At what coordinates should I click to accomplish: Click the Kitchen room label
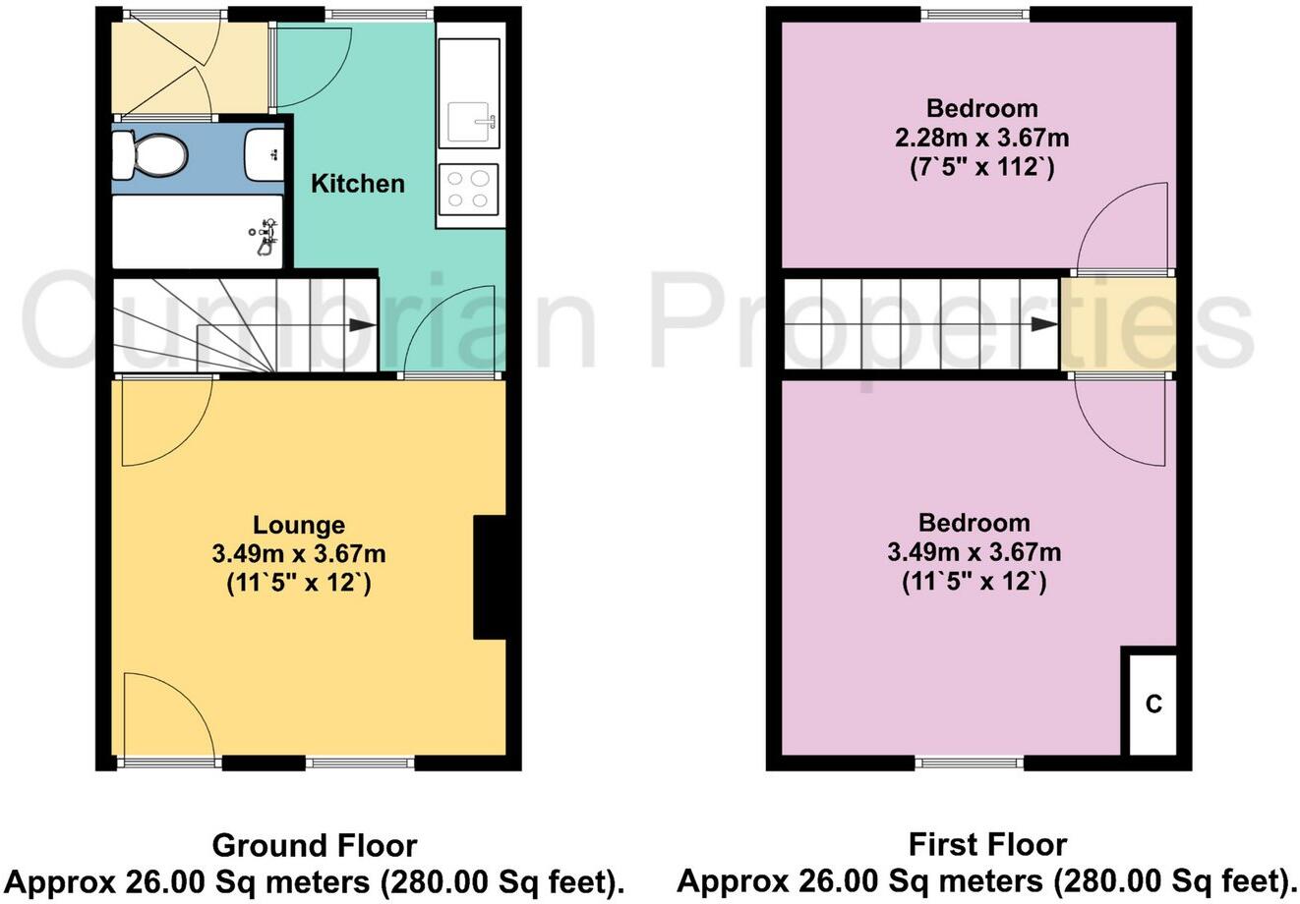pos(358,184)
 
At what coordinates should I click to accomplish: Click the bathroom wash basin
pos(264,153)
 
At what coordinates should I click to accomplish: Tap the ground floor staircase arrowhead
pos(361,326)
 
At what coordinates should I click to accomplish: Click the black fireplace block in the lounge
pos(489,577)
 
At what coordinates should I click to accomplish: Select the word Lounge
pos(299,526)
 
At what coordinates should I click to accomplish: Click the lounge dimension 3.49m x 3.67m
pos(299,554)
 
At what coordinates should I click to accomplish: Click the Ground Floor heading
pos(315,845)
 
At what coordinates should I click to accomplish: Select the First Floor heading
pos(986,845)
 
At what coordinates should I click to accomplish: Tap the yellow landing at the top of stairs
pos(1118,325)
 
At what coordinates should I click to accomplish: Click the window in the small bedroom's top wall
pos(975,13)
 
